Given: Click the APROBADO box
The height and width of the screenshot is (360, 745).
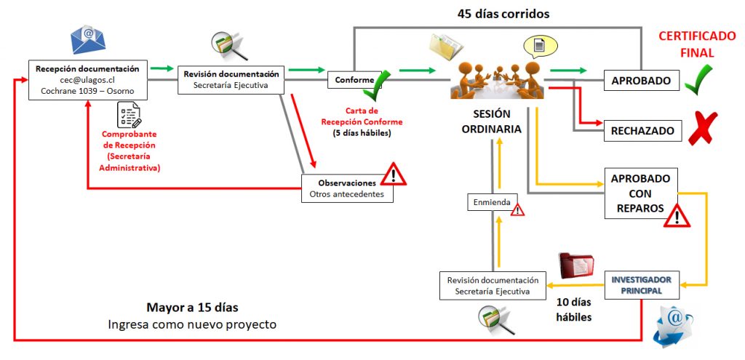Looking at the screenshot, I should coord(641,80).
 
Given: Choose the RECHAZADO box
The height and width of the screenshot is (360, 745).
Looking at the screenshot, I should coord(642,132).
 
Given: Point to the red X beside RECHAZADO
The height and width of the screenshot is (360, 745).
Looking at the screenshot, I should coord(702,129).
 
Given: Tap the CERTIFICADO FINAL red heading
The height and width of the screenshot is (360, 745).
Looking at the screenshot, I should coord(687,44).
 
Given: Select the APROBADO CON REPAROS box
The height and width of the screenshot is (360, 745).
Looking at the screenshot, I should coord(641,193).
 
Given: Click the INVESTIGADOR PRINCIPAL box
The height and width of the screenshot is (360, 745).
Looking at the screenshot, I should coord(641,284).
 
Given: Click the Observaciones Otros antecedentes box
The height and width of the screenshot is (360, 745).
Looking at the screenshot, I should coord(347,188).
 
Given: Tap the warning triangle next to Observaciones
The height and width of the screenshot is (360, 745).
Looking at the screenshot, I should coord(394,175).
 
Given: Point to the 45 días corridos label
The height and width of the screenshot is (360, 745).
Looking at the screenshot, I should coord(503,13).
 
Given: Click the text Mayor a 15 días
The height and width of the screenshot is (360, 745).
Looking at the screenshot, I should coord(192,307).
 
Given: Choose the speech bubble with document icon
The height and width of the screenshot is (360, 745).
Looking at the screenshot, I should coord(540,48).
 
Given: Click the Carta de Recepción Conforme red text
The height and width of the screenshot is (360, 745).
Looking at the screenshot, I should coord(362,116).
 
